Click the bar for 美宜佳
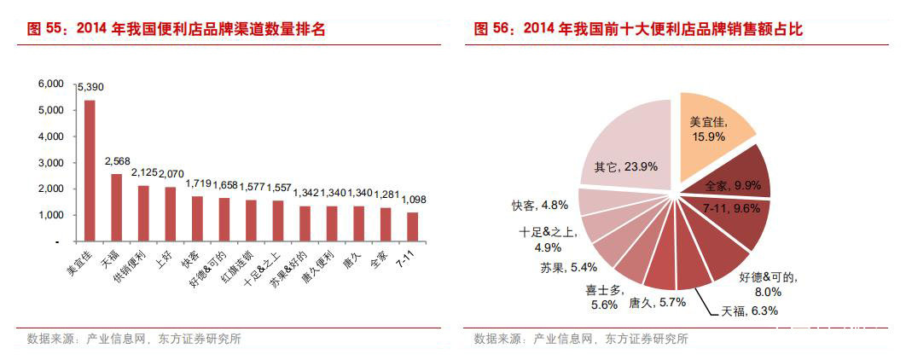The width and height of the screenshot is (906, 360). coord(90,171)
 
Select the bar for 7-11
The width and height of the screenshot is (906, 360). coord(413,227)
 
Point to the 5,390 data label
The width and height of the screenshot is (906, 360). coord(91,88)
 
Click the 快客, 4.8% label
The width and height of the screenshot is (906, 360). coord(540,205)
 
